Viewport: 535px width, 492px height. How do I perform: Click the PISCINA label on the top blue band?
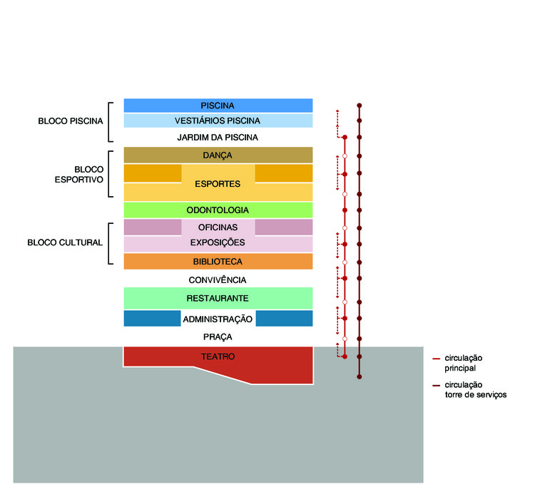(218, 106)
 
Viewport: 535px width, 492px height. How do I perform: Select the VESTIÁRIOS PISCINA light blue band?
(218, 121)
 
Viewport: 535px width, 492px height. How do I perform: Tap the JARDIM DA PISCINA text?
(218, 138)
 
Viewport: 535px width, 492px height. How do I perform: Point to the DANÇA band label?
(218, 155)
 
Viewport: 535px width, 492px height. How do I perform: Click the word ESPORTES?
(218, 184)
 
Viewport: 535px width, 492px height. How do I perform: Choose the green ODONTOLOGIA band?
(218, 210)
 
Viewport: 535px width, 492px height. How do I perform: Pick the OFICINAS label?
(218, 227)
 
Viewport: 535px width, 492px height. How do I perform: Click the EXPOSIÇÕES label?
(218, 242)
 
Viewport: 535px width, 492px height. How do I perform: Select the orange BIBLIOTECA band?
(218, 262)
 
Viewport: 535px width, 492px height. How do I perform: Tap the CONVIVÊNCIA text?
(218, 280)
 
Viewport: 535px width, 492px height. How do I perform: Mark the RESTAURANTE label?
(218, 298)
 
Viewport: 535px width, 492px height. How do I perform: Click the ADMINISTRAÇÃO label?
(218, 319)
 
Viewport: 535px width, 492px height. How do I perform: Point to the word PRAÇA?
(218, 337)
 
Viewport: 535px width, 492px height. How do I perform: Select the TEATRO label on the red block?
(218, 357)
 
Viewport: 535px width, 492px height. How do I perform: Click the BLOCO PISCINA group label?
(71, 121)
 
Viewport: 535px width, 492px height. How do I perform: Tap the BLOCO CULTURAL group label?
(65, 242)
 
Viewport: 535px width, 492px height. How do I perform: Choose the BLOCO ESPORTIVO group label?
(78, 175)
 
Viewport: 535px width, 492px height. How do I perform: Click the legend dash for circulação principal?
(436, 359)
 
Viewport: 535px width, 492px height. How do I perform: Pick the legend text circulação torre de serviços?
(476, 390)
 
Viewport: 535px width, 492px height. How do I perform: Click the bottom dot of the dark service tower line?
(360, 376)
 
